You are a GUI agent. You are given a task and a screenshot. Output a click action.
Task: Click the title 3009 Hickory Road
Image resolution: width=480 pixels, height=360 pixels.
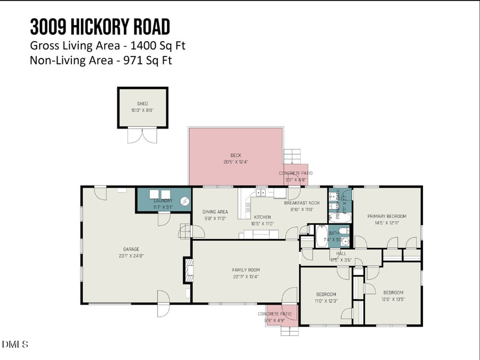pyautogui.click(x=100, y=26)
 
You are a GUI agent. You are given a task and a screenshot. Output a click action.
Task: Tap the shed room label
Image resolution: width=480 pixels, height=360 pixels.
pyautogui.click(x=142, y=103)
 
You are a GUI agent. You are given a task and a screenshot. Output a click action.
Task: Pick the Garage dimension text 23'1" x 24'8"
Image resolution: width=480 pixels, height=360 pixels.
pyautogui.click(x=132, y=255)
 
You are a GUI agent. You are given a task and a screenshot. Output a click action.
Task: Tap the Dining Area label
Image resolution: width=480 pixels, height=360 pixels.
pyautogui.click(x=215, y=212)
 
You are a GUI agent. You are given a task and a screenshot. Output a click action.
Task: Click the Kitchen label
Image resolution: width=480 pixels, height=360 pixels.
pyautogui.click(x=262, y=217)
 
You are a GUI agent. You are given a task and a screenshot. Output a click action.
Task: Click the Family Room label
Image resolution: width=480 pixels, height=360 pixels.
pyautogui.click(x=246, y=270)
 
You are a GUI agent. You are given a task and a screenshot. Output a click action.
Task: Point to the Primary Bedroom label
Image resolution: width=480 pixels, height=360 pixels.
pyautogui.click(x=387, y=216)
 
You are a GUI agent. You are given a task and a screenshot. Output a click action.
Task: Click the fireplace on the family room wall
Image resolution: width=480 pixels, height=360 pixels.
pyautogui.click(x=188, y=267)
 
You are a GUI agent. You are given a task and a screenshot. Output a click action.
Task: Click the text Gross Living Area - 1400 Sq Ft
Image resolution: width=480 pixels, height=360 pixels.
pyautogui.click(x=107, y=45)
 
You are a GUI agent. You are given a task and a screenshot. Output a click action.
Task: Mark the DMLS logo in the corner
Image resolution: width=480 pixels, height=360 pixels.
pyautogui.click(x=15, y=344)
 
